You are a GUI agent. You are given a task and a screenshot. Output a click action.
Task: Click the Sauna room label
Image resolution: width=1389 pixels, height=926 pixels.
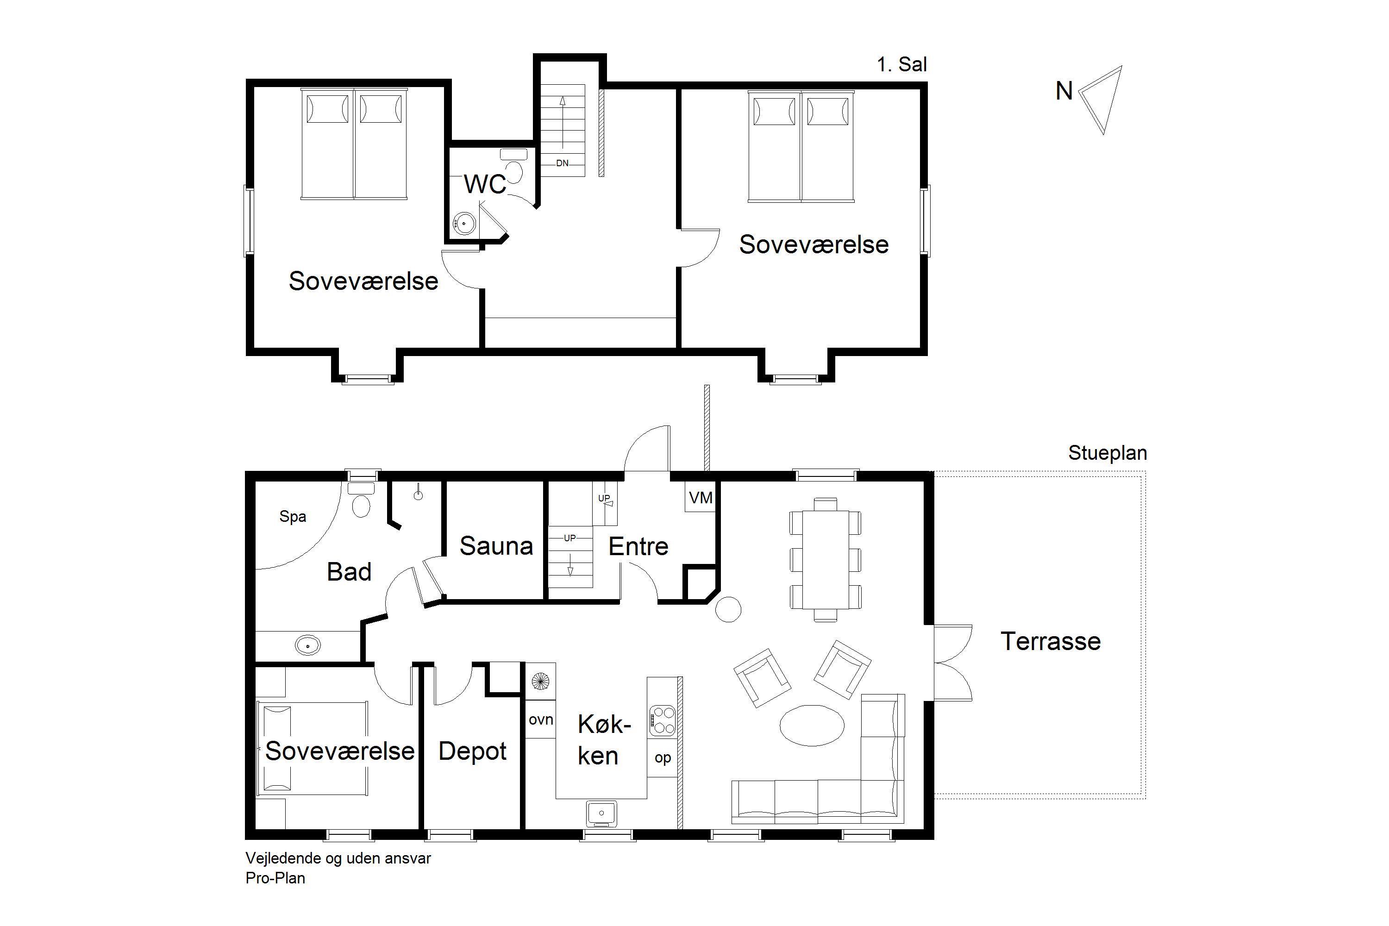[496, 546]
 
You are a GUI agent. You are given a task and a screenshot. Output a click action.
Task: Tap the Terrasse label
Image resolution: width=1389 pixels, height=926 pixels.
[1051, 641]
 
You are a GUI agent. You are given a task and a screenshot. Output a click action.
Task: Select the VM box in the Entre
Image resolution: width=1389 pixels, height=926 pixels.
[701, 498]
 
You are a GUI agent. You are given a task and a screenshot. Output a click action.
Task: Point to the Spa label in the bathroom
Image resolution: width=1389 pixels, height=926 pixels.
[293, 517]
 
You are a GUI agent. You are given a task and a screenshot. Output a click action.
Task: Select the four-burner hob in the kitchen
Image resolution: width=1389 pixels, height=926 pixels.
[662, 721]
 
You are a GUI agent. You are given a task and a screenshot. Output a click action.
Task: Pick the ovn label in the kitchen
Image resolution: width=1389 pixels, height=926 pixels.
[541, 720]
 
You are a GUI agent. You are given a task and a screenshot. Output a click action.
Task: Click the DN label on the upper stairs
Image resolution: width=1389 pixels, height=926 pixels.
[562, 163]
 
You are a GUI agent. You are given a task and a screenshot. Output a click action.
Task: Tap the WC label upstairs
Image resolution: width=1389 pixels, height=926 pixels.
[485, 184]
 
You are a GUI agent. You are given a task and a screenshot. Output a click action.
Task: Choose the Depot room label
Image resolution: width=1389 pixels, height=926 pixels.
[472, 751]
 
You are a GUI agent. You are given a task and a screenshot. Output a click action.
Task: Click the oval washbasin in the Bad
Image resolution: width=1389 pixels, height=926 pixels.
[308, 645]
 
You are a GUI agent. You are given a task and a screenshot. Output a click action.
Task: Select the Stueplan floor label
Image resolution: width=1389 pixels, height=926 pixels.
[1107, 453]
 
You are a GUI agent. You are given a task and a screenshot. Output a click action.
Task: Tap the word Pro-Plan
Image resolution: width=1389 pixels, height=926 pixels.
[275, 878]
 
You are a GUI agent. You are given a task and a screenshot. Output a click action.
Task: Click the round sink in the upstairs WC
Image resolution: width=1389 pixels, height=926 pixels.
[464, 223]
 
